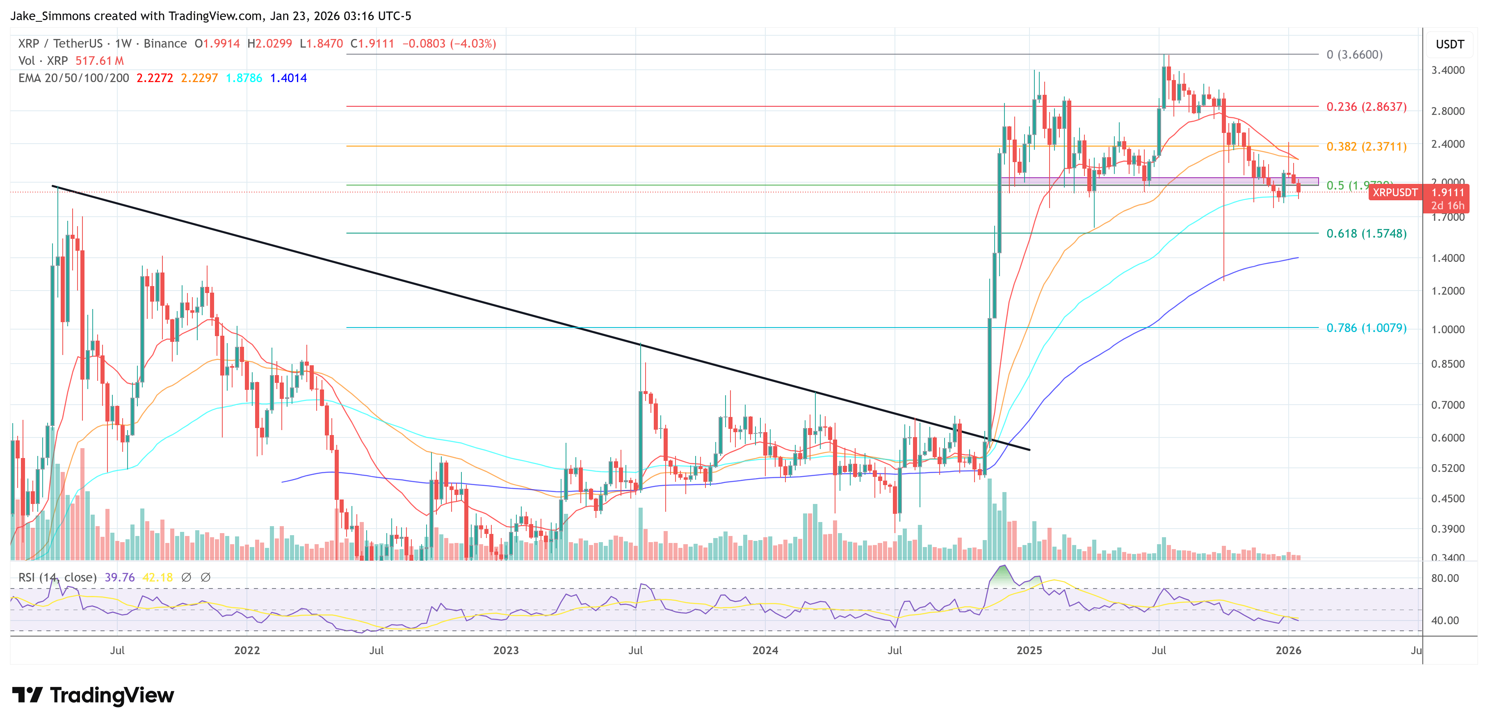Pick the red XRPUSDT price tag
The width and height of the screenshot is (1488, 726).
pos(1394,192)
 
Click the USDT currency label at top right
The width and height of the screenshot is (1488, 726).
pos(1449,44)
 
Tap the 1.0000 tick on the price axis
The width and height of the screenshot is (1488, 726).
pos(1447,330)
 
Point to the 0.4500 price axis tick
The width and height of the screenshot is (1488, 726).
pos(1447,498)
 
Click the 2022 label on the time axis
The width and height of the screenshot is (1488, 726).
pos(246,650)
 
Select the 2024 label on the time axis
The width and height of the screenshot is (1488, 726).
pos(765,650)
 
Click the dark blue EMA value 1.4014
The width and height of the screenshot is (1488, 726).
pos(288,78)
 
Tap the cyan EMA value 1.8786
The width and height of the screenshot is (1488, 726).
pos(244,78)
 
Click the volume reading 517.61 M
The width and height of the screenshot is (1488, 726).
pos(99,61)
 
